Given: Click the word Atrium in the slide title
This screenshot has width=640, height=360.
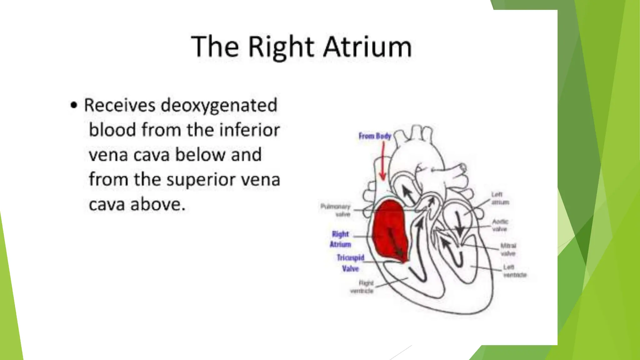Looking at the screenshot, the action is pyautogui.click(x=367, y=47).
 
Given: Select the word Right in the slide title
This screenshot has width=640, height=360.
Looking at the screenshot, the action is pyautogui.click(x=281, y=47).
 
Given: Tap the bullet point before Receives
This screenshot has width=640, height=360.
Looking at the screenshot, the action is pyautogui.click(x=74, y=105).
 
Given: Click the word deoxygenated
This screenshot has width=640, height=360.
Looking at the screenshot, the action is pyautogui.click(x=219, y=105).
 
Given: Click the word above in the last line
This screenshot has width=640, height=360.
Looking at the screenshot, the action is pyautogui.click(x=158, y=205).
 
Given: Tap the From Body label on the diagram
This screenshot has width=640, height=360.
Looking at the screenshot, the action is pyautogui.click(x=375, y=136).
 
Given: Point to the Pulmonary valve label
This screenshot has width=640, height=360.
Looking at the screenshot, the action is pyautogui.click(x=336, y=210).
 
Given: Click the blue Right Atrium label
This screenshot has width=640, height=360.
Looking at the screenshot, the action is pyautogui.click(x=340, y=239).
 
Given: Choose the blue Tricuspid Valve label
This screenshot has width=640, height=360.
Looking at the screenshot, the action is pyautogui.click(x=350, y=263).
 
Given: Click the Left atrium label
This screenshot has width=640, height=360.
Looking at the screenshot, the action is pyautogui.click(x=500, y=198).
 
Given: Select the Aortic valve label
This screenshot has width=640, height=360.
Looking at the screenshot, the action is pyautogui.click(x=500, y=225).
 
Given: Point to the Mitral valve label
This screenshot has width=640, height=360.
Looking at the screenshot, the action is pyautogui.click(x=508, y=249).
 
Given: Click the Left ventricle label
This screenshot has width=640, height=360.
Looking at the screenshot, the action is pyautogui.click(x=514, y=271).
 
